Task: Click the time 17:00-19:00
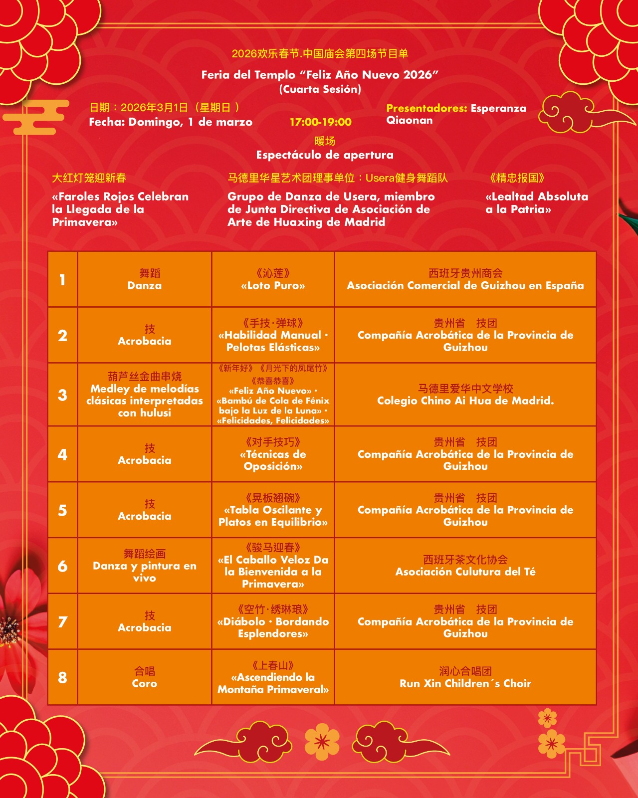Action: pos(320,122)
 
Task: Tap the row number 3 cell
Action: pos(62,395)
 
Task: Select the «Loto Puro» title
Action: pos(273,286)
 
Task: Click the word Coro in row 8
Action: pos(144,683)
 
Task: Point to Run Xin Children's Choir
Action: pos(465,683)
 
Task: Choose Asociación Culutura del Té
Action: pos(465,572)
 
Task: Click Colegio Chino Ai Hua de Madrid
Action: pos(465,400)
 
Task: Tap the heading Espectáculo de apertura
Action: pos(325,155)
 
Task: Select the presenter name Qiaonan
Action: pos(410,120)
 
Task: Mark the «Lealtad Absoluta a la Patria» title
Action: pos(537,203)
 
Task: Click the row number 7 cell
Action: pos(62,622)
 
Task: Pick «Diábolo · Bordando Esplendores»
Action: pos(273,627)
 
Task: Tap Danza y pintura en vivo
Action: pos(144,572)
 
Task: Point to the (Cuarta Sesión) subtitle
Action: pos(320,89)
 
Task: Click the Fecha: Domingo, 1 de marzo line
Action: pos(171,122)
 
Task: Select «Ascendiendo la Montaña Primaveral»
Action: pos(273,683)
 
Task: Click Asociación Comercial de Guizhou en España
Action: pos(465,286)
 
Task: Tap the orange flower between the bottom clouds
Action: pos(322,742)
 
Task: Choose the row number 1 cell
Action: pos(62,280)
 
